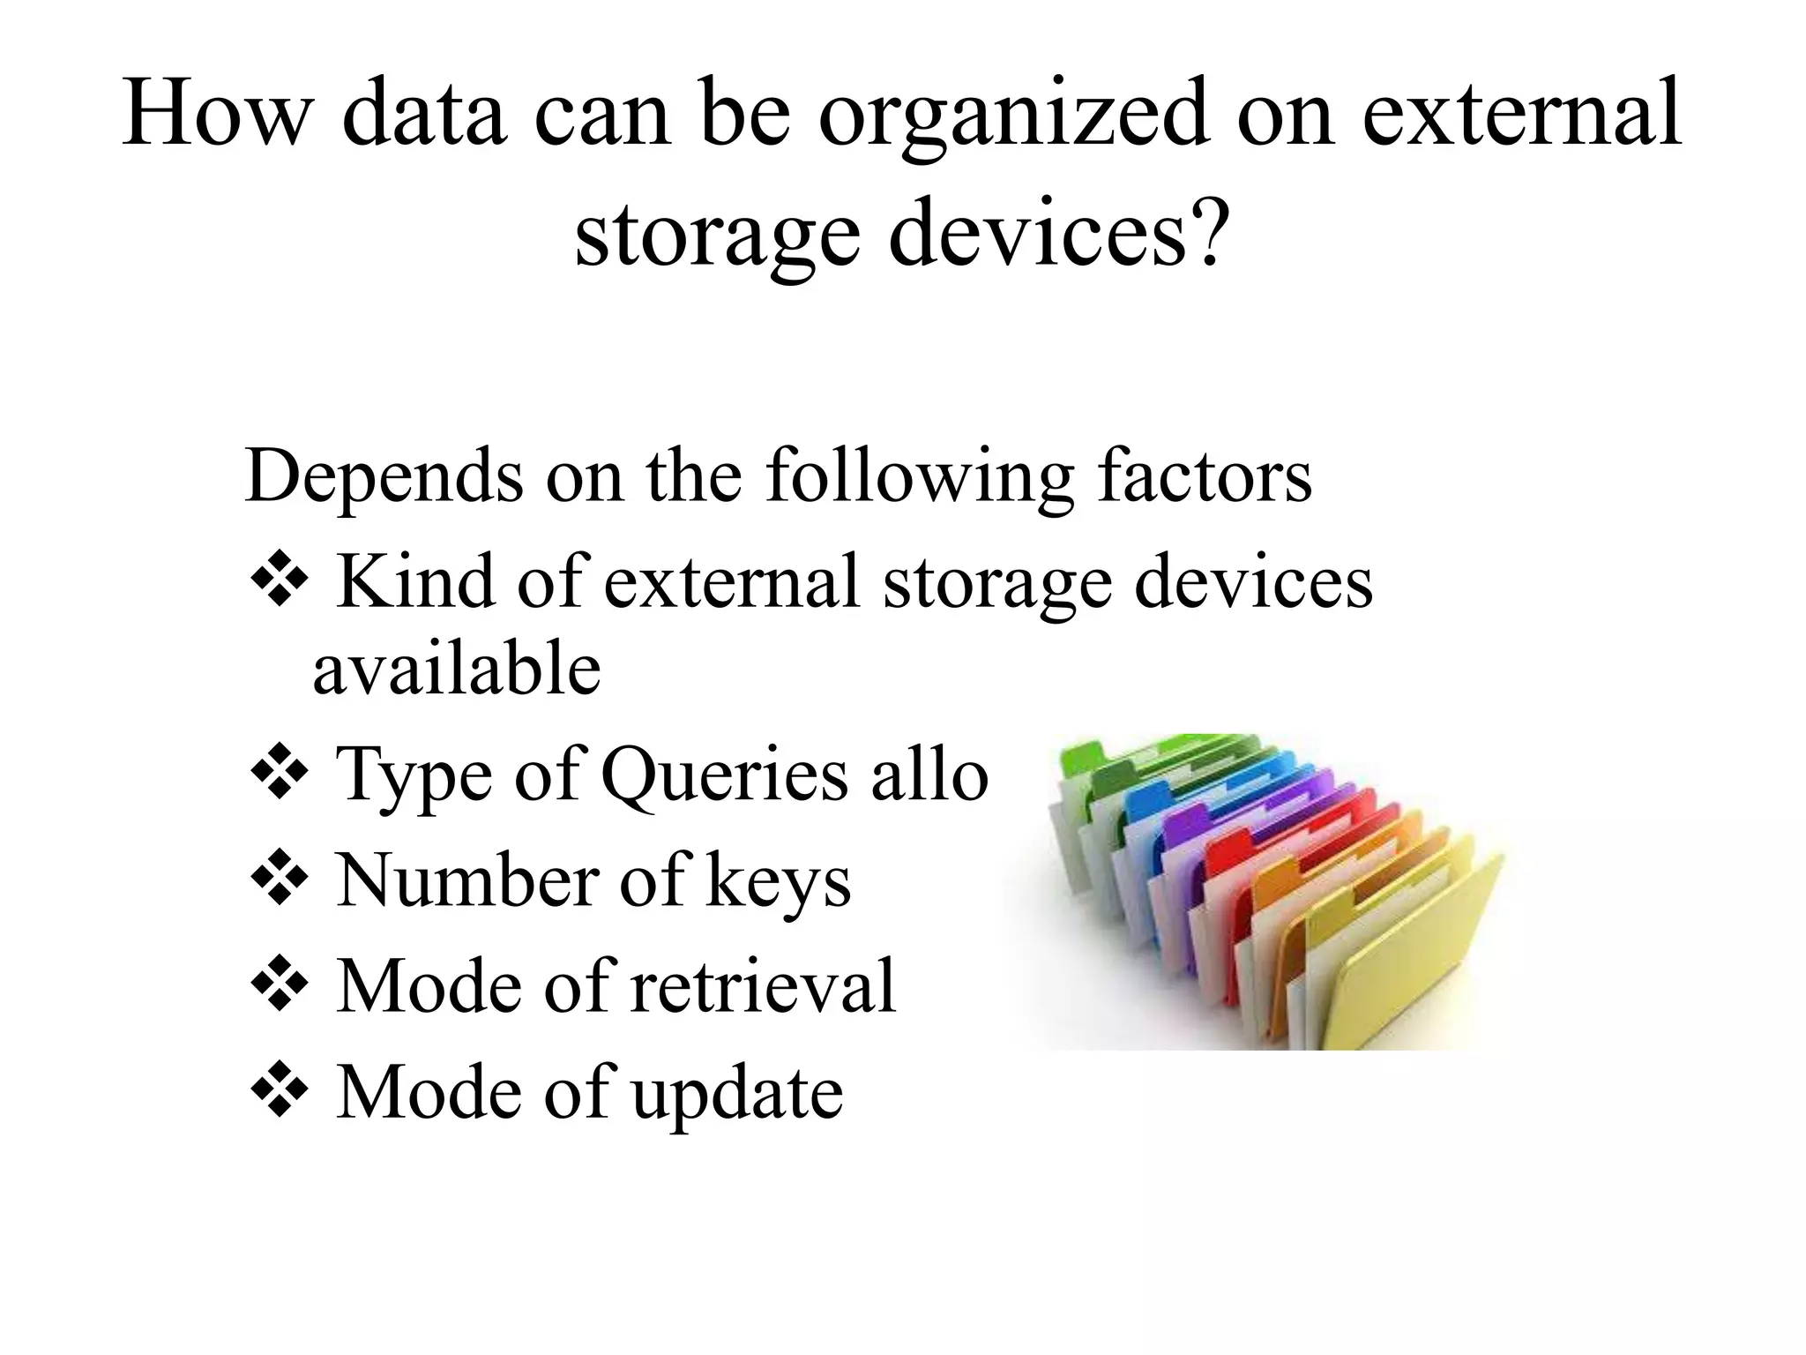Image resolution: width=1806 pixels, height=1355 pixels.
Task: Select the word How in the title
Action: click(x=217, y=115)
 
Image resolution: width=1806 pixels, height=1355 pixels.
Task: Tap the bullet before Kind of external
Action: click(x=280, y=580)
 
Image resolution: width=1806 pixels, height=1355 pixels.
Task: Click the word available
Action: click(x=457, y=668)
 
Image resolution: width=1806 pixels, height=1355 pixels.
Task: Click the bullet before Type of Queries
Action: click(x=280, y=774)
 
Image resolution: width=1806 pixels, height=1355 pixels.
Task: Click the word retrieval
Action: click(x=762, y=985)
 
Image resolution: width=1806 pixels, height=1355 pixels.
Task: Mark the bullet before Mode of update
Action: click(x=280, y=1091)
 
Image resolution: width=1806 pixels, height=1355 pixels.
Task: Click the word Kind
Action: click(x=414, y=581)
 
